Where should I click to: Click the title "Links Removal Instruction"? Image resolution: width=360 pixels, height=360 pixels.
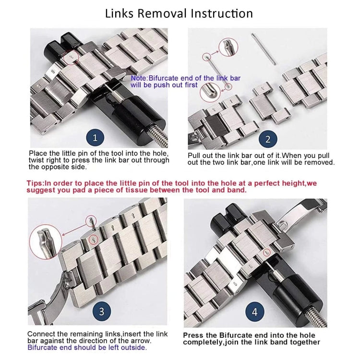pos(179,13)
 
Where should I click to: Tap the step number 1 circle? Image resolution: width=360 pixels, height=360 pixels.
pos(95,138)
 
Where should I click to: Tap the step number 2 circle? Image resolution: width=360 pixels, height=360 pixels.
pos(268,140)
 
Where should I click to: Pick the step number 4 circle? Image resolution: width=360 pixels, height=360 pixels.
pos(254,312)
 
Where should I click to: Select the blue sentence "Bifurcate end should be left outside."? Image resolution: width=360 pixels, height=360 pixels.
pos(87,348)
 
